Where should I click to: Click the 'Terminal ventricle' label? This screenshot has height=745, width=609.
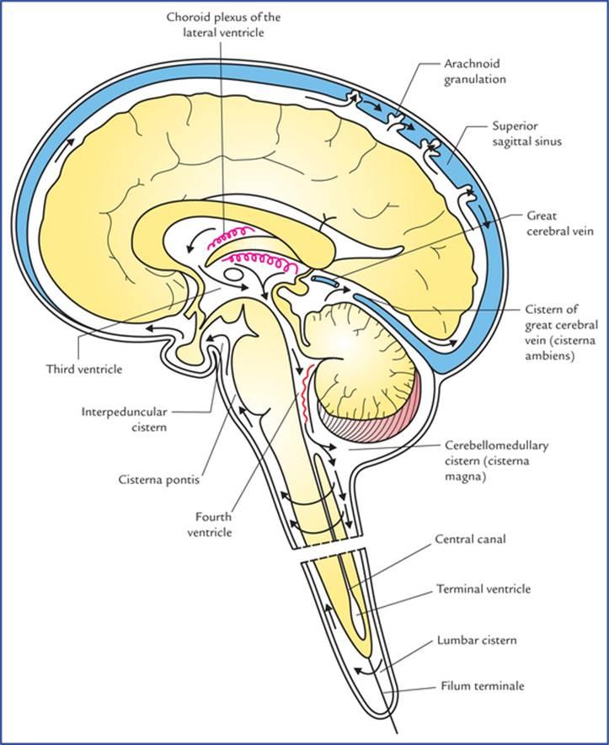pyautogui.click(x=483, y=589)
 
